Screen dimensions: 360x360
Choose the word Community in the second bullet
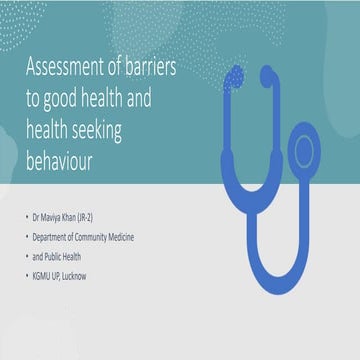(x=121, y=236)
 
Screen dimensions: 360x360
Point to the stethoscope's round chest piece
(x=305, y=152)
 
